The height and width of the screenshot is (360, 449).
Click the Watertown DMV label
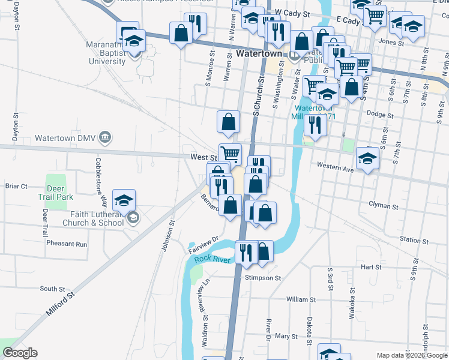pos(65,137)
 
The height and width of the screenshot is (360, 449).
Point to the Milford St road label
pos(61,304)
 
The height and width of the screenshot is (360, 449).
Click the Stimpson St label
pos(263,278)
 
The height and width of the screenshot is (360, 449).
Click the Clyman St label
pos(381,205)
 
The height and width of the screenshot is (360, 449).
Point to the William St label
pos(300,299)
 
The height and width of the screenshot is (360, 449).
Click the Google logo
pos(20,353)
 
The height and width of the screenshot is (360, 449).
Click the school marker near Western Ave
pos(366,159)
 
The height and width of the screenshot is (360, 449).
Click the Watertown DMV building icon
pos(105,137)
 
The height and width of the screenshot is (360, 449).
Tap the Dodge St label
pos(379,115)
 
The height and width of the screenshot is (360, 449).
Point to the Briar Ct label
pos(16,186)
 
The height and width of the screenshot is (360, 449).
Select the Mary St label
pos(287,337)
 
